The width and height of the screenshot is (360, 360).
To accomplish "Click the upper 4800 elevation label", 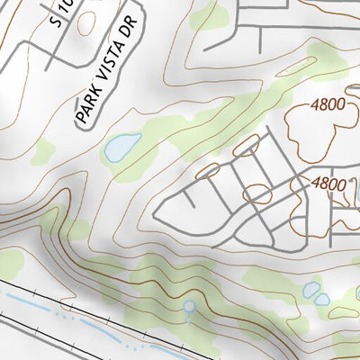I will [x=328, y=104].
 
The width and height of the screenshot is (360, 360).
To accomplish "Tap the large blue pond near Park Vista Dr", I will [x=122, y=147].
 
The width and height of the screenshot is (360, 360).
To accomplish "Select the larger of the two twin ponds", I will [x=310, y=290].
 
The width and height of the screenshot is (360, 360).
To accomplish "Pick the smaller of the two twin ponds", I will [x=322, y=299].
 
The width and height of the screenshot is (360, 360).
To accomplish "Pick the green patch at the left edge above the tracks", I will [x=9, y=263].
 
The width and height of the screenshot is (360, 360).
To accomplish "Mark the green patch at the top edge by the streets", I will [x=209, y=13].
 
